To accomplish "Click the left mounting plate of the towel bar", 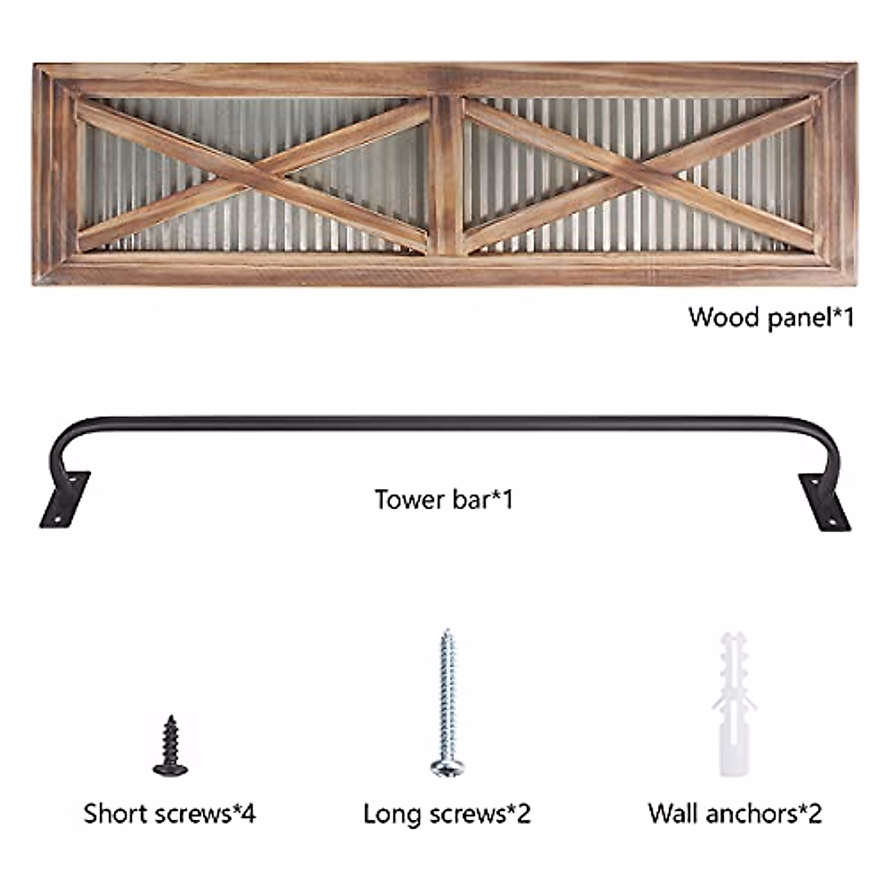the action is pyautogui.click(x=65, y=500).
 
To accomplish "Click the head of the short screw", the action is pyautogui.click(x=170, y=768).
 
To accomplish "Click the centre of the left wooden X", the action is pyautogui.click(x=254, y=175).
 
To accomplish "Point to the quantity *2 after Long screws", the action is pyautogui.click(x=519, y=813).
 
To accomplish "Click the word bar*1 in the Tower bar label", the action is pyautogui.click(x=482, y=499).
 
